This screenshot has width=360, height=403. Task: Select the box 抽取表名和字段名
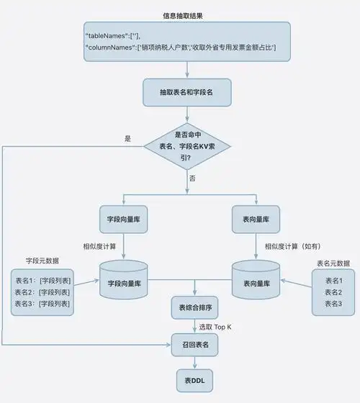pos(186,91)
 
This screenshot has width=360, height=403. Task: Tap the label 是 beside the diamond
pos(128,138)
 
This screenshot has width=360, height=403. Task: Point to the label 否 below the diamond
pos(192,178)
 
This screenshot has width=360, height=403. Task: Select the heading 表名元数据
pos(333,263)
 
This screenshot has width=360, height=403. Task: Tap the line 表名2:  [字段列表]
pos(42,292)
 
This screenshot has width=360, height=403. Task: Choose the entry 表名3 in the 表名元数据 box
pos(333,304)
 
